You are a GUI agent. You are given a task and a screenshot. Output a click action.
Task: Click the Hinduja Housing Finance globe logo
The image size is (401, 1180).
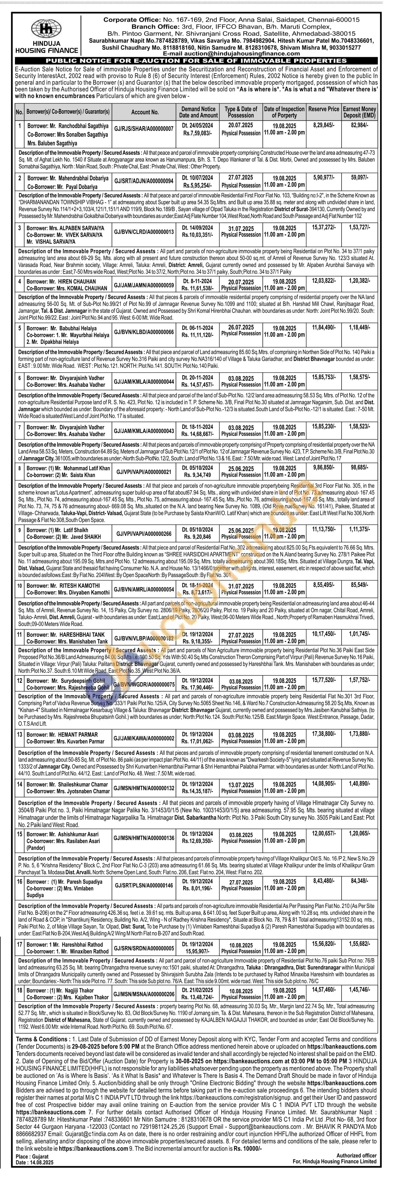46,28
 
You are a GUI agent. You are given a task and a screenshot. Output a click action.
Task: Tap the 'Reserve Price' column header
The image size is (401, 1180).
324,109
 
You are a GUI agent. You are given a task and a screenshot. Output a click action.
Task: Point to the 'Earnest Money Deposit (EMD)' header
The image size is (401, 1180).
359,112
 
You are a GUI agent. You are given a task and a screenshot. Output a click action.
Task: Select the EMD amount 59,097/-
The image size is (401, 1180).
359,176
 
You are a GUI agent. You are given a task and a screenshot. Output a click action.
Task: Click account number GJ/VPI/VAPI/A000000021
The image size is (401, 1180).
144,471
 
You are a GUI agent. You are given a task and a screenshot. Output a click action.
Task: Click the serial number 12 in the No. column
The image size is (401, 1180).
20,681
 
